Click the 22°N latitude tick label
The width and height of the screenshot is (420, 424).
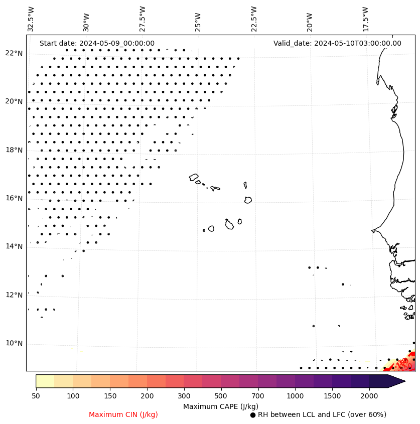14,53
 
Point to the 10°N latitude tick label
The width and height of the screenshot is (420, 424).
14,344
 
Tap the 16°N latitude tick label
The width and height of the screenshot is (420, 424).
14,198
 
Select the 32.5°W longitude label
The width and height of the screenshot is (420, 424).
31,19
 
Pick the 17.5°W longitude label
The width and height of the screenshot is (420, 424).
365,19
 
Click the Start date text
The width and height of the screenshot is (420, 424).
97,43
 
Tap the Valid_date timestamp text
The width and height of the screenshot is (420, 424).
337,43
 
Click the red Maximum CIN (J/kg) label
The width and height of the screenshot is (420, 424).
123,414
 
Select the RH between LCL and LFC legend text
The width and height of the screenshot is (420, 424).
322,414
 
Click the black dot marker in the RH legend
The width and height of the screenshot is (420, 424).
253,415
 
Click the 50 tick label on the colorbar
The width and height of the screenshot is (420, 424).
36,396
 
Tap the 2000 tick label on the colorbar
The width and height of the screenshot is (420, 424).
369,396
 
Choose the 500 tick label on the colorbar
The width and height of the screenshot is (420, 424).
221,396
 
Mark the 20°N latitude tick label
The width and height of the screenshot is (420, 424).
14,101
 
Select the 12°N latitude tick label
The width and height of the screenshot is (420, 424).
14,295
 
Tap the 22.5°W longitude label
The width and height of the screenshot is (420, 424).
254,19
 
